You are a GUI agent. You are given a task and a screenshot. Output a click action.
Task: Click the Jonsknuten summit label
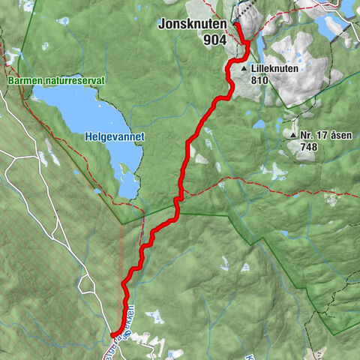point(191,24)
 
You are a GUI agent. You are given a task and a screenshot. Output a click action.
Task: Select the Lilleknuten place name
point(275,67)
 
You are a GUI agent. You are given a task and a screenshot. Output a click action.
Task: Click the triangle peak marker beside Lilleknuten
point(244,68)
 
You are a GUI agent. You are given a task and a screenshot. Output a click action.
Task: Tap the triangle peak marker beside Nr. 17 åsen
point(293,135)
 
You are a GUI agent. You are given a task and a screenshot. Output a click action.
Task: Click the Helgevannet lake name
point(114,137)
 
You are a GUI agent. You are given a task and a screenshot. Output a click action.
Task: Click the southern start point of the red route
point(112,334)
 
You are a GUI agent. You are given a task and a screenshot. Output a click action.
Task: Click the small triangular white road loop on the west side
point(89,286)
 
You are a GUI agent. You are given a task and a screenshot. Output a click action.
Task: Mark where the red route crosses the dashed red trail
point(179,197)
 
